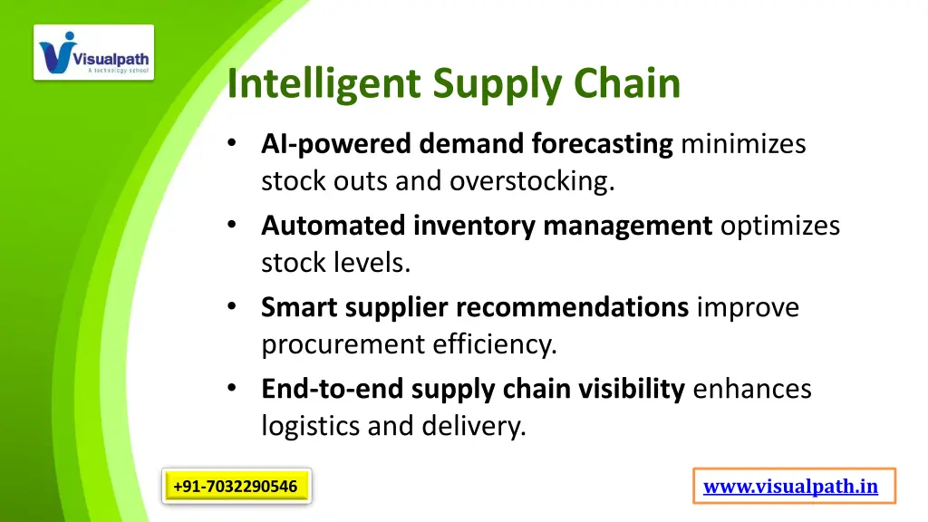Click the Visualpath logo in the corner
[x=94, y=53]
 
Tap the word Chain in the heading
[x=627, y=83]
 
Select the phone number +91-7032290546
[x=236, y=487]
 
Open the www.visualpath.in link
[x=790, y=487]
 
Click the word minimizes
[x=742, y=144]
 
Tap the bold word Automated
[x=333, y=226]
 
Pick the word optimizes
[x=779, y=226]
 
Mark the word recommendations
[x=572, y=308]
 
